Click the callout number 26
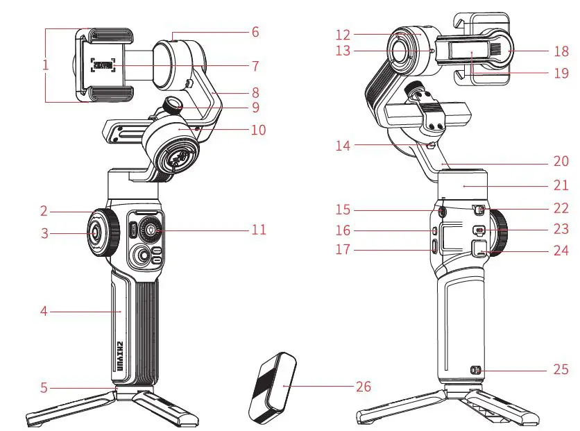[363, 386]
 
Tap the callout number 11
[258, 229]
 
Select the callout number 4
[44, 312]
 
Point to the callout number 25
[561, 370]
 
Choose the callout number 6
[255, 32]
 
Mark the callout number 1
[45, 65]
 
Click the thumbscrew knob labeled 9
[171, 105]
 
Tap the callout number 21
[561, 186]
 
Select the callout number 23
[561, 229]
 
